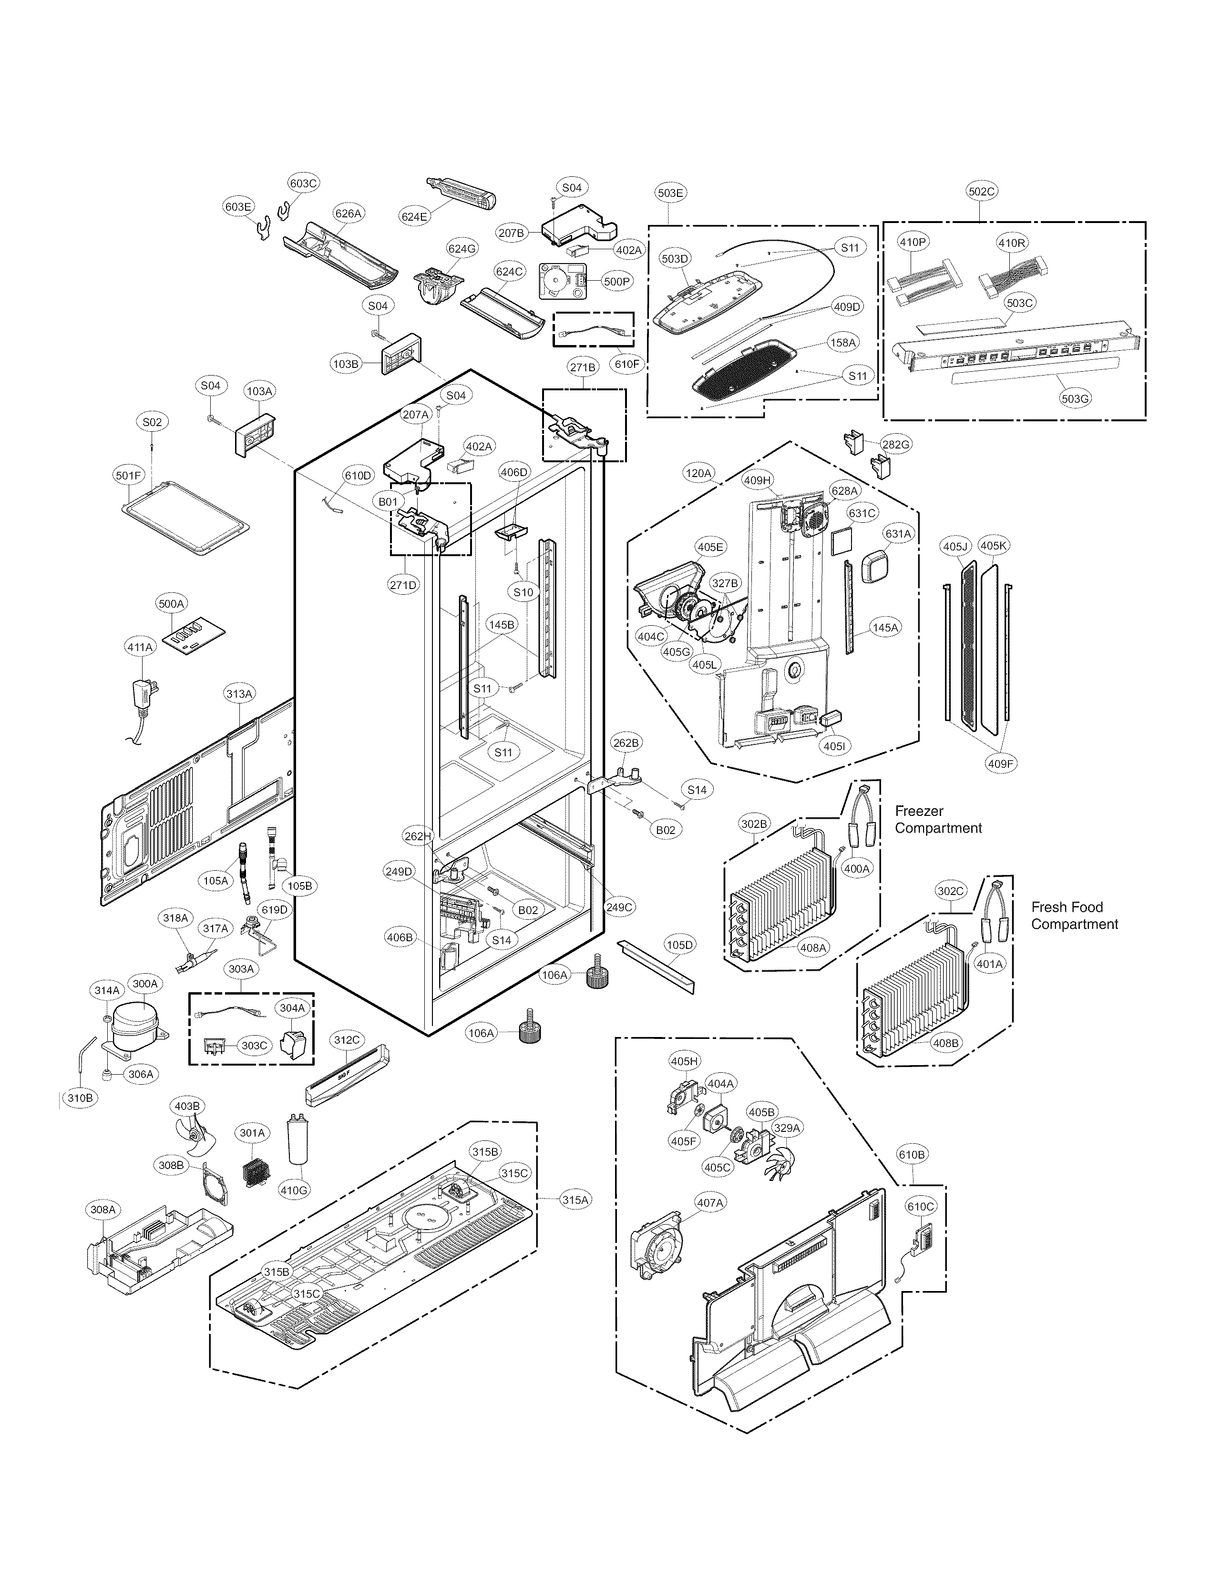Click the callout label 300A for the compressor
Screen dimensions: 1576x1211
(x=145, y=984)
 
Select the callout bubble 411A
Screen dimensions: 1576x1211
(x=140, y=647)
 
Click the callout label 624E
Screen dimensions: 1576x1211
(x=414, y=215)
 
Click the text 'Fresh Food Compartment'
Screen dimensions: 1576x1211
(x=1074, y=915)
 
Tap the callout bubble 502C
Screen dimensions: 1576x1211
(x=981, y=191)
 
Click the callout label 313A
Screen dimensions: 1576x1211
(x=239, y=694)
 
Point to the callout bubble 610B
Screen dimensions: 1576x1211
(x=912, y=1154)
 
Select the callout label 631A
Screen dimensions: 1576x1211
(x=898, y=534)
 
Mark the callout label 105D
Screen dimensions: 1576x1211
(x=679, y=945)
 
